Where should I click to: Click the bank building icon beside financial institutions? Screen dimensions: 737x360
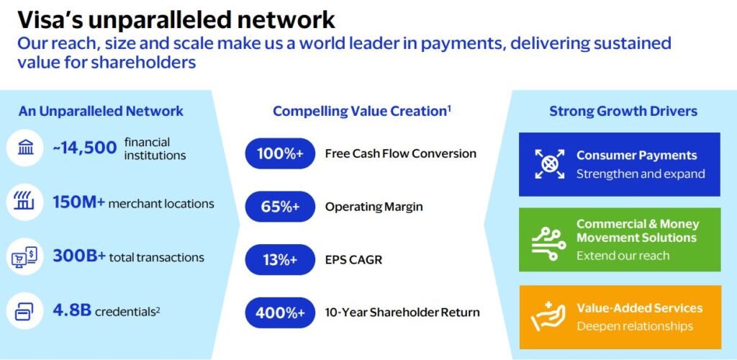point(25,148)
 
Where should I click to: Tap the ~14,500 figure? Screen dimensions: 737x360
point(85,148)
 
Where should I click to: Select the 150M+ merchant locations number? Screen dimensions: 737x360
point(79,204)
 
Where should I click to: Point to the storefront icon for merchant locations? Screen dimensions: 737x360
point(25,202)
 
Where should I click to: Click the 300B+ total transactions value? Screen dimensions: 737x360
point(79,256)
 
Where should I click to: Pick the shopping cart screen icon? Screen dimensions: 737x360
point(24,256)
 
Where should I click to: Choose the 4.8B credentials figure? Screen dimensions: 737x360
point(72,310)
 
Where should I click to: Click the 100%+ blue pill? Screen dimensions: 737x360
point(280,153)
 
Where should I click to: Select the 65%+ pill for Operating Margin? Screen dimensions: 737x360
point(280,207)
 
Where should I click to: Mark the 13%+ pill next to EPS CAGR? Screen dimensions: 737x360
point(280,259)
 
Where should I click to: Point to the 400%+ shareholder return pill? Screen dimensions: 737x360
point(280,312)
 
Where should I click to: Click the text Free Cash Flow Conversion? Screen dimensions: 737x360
point(400,153)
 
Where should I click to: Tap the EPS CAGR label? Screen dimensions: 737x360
point(353,260)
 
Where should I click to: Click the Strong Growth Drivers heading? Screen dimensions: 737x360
point(623,112)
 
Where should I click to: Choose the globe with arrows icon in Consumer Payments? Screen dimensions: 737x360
point(549,164)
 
